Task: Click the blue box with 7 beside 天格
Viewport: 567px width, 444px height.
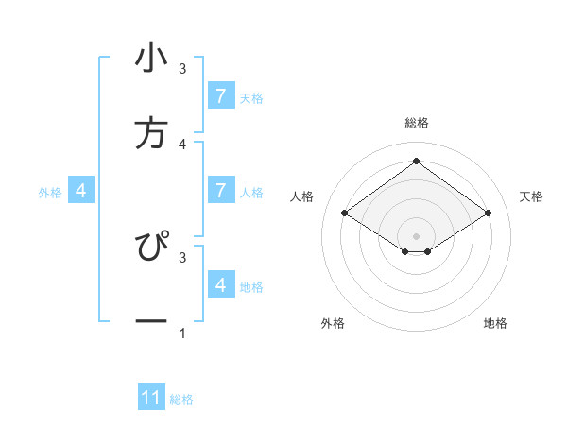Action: pos(220,96)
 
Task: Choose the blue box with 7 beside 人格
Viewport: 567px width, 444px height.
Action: pos(220,191)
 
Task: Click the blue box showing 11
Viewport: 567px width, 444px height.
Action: pos(151,399)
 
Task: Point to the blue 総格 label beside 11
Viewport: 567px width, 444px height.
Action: pos(181,400)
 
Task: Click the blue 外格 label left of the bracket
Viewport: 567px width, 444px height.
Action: pos(50,193)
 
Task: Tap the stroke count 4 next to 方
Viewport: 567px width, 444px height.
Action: pos(182,144)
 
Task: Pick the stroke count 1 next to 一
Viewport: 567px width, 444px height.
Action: pos(182,333)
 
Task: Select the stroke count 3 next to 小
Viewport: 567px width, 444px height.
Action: pos(182,68)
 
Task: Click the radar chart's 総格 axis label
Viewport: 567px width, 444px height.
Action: pos(416,123)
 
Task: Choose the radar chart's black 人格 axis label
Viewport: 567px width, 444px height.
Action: pos(302,196)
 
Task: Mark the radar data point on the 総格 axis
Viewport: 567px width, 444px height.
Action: pos(416,161)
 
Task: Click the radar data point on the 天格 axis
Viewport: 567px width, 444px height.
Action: pos(488,213)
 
